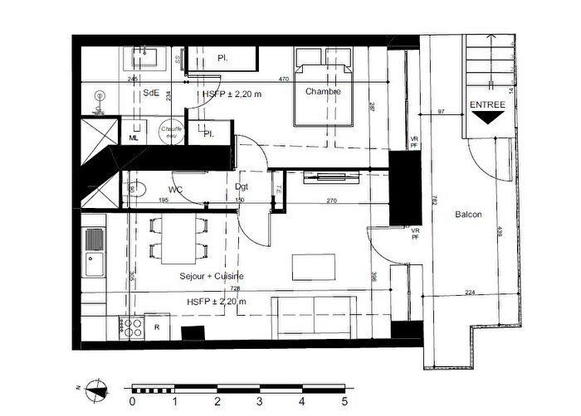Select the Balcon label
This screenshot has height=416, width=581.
469,215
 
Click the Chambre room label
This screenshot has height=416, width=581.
323,91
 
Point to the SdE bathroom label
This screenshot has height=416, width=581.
151,93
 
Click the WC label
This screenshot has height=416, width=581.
176,175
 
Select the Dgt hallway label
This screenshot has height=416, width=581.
242,186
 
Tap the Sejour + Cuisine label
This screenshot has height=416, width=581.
212,275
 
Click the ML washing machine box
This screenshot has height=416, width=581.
133,138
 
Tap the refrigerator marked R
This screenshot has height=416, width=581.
156,327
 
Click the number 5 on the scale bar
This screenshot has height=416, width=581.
344,402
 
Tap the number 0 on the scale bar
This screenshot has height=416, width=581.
132,402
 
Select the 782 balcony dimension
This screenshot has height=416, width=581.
434,200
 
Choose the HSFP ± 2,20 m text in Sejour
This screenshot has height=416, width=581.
217,302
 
